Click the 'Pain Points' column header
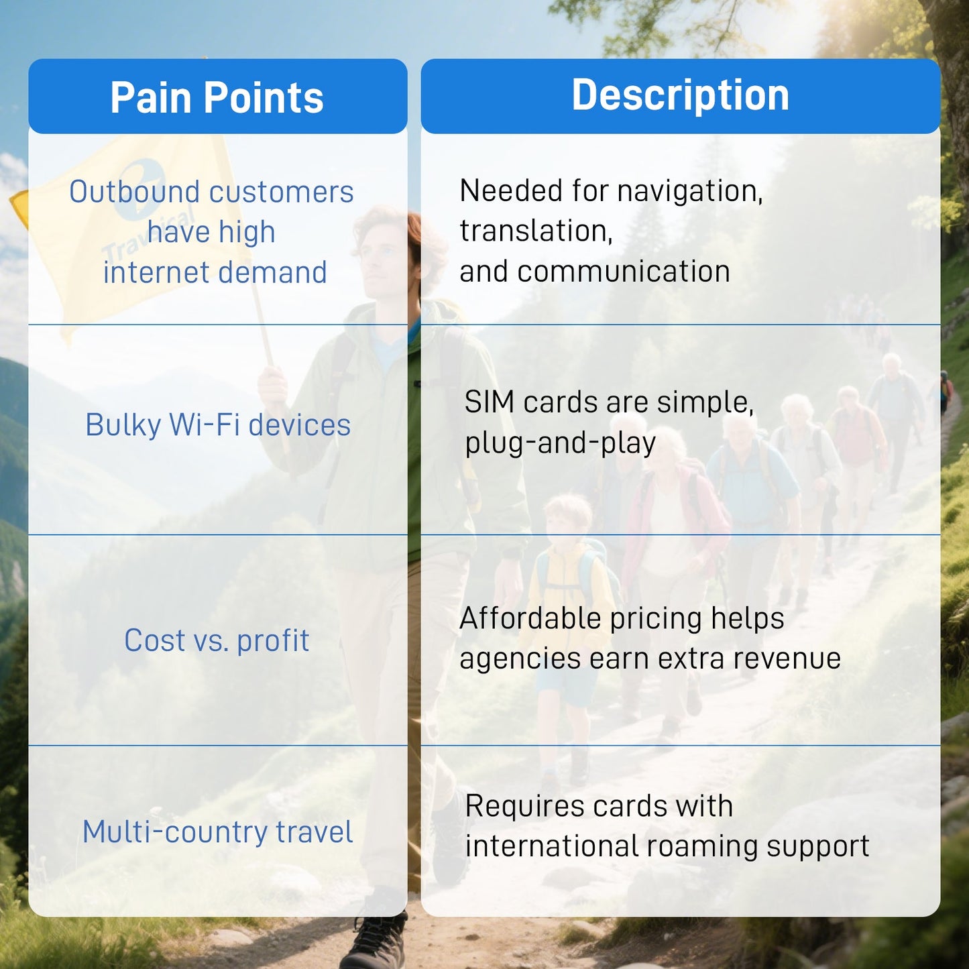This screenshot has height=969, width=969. click(x=217, y=97)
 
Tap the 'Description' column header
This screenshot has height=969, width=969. click(x=681, y=95)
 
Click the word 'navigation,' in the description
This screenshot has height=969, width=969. click(x=690, y=192)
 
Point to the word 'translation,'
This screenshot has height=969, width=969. click(x=536, y=231)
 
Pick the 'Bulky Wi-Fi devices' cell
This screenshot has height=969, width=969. click(x=218, y=425)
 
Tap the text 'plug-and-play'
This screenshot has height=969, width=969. click(x=560, y=444)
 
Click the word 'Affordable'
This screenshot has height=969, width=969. click(x=530, y=618)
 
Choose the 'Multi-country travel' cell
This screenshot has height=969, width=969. click(x=217, y=832)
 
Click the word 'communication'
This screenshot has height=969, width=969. click(x=624, y=272)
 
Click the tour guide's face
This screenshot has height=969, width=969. click(x=385, y=256)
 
